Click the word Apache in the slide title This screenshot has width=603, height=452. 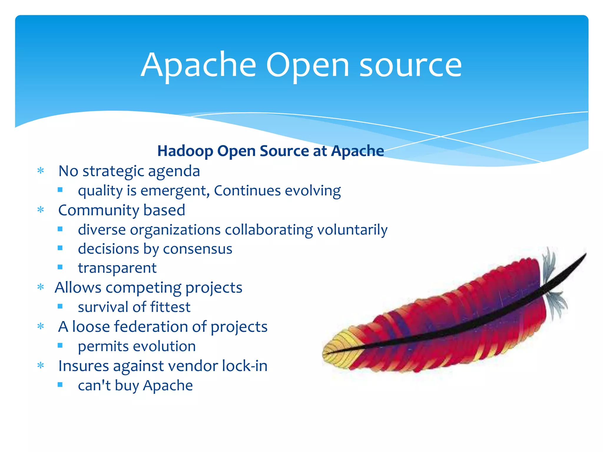pos(198,65)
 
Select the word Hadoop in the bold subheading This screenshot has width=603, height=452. pos(185,151)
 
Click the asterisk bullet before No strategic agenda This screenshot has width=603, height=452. pos(41,171)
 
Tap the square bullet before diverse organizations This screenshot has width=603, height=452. pos(60,229)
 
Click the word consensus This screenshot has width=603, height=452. pos(198,249)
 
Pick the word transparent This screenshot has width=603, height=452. pos(117,268)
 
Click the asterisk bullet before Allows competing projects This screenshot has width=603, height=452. pos(41,287)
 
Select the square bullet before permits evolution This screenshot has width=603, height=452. pos(60,345)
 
